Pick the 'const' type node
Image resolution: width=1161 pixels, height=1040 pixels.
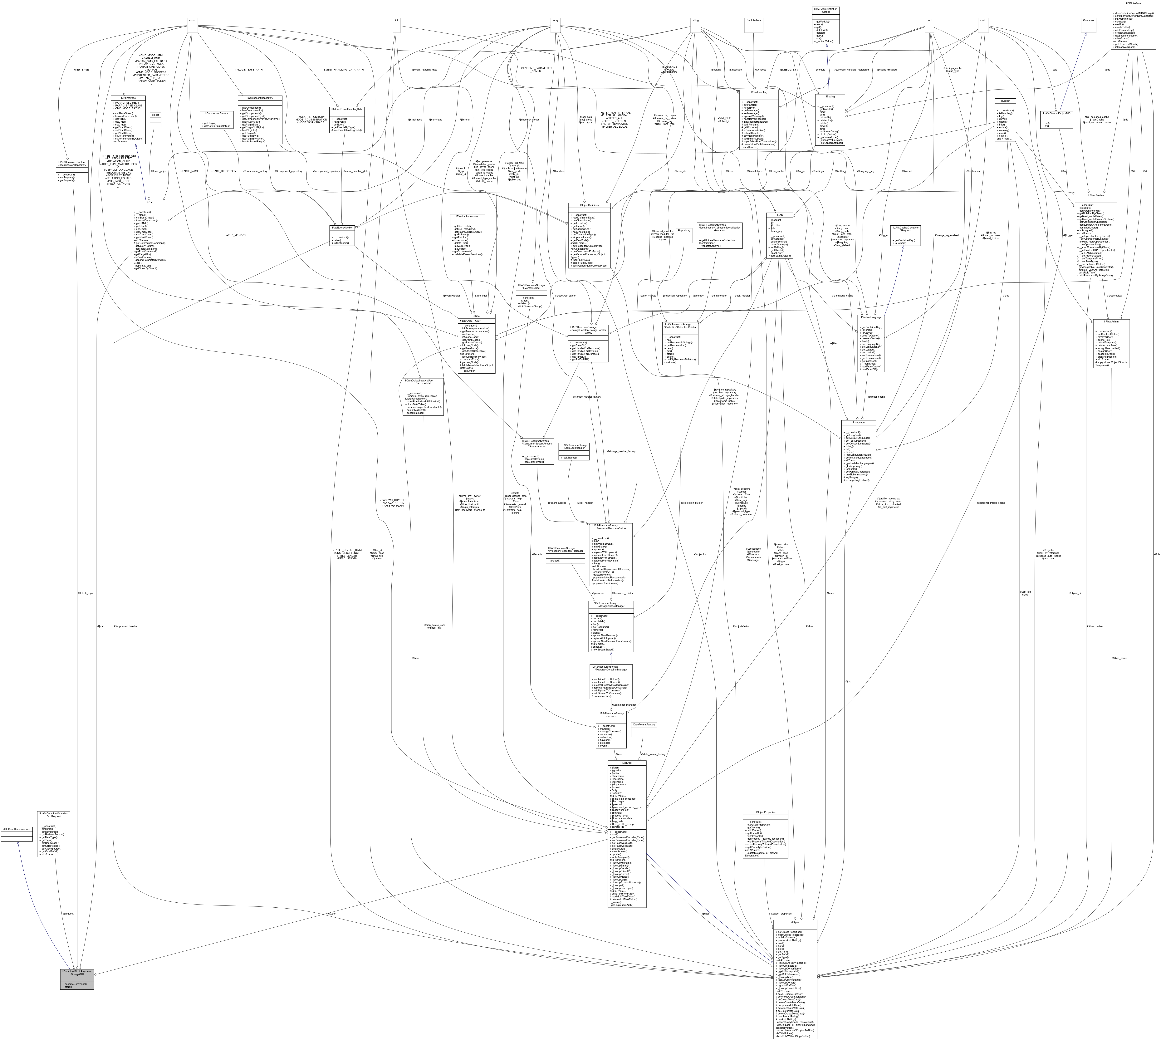click(x=193, y=21)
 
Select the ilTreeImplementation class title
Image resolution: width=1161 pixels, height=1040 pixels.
click(x=467, y=217)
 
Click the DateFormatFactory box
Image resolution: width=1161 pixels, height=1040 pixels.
click(x=643, y=725)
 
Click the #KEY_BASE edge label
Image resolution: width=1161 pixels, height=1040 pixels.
click(x=82, y=70)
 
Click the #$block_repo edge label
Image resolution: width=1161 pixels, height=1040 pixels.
click(x=85, y=593)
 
